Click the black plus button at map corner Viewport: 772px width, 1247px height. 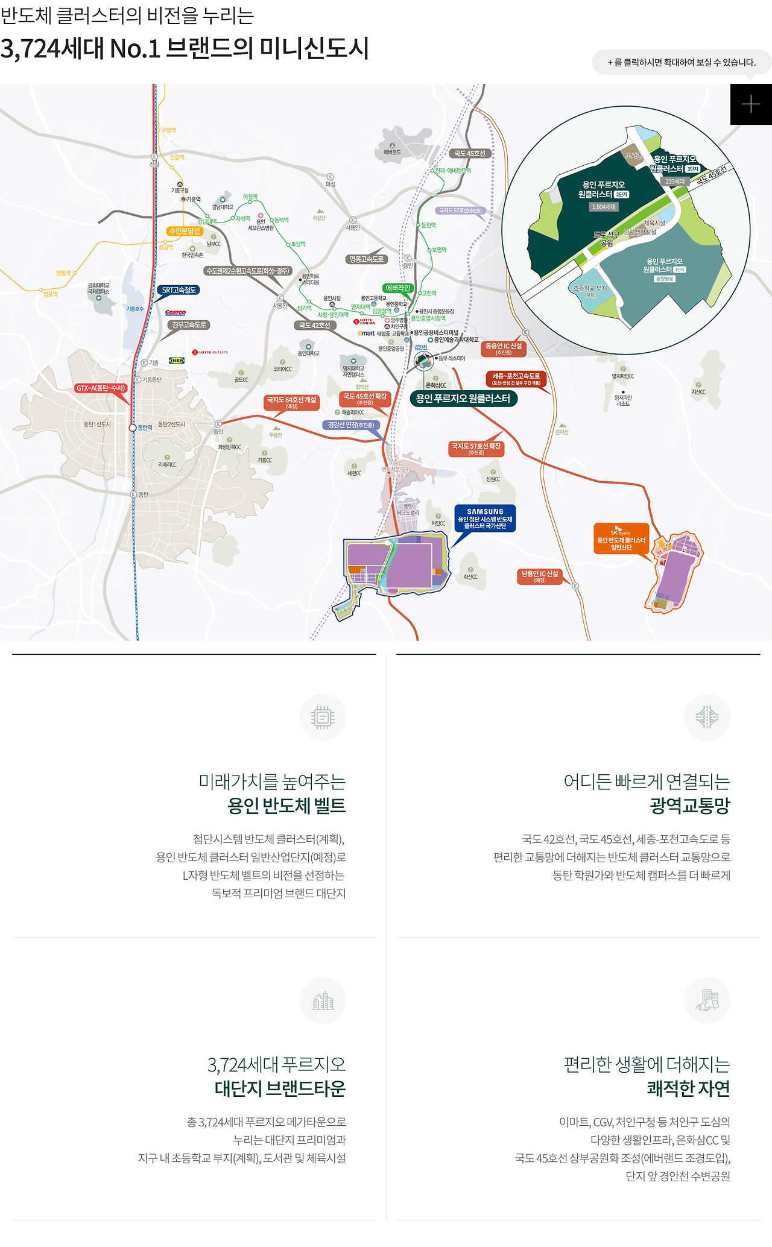pos(750,104)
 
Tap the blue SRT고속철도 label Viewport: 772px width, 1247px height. pos(179,290)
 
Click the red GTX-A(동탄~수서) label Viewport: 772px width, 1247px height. pos(101,388)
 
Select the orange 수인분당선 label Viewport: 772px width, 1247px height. pos(185,231)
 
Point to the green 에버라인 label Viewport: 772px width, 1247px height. pos(397,288)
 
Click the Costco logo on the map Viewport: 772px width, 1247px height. pos(176,312)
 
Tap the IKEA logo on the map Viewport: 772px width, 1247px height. pos(177,361)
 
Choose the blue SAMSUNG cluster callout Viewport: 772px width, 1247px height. pos(485,519)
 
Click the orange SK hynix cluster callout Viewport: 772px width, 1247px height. pos(621,538)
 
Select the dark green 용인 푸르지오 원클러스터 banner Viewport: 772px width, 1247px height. pos(463,399)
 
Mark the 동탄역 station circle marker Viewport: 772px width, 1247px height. pos(133,428)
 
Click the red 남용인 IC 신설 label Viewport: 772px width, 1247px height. pos(540,576)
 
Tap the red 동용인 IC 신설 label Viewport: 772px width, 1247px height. pos(504,349)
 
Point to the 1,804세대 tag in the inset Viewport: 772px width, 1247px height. pos(604,207)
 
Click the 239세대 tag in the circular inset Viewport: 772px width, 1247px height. pos(675,181)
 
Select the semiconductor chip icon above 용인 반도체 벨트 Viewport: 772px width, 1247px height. pos(323,718)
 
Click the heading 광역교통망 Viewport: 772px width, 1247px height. pos(690,806)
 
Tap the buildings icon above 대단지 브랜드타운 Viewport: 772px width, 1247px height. pos(323,1000)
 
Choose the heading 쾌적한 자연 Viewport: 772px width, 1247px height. pos(688,1088)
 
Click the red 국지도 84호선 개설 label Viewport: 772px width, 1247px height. pos(292,402)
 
